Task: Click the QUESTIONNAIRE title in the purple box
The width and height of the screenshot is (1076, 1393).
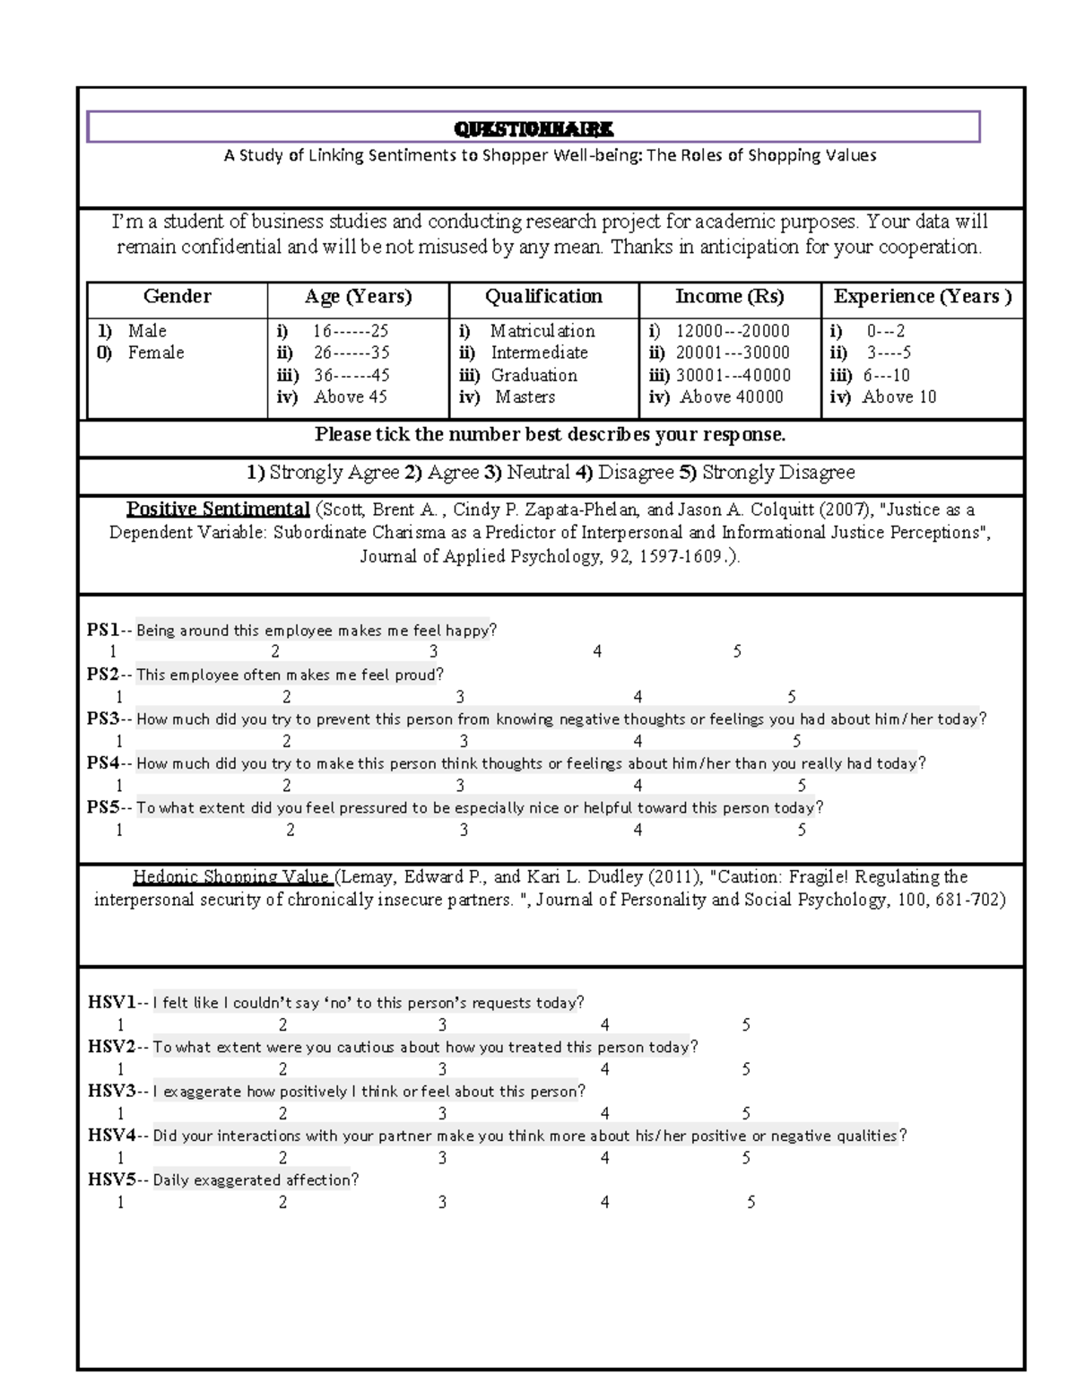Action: point(533,129)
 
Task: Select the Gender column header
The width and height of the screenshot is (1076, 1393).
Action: point(177,297)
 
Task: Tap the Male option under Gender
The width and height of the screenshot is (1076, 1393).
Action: point(146,331)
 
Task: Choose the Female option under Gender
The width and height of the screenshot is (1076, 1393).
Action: point(155,353)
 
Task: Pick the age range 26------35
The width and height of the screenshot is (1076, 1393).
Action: point(351,353)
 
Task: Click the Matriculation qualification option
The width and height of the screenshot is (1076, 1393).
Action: point(542,331)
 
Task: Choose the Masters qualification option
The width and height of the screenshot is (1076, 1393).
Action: point(525,396)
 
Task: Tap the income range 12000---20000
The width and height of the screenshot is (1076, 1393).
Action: point(732,331)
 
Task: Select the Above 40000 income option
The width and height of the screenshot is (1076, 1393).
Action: point(731,396)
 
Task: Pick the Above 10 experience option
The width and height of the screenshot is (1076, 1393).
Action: point(898,396)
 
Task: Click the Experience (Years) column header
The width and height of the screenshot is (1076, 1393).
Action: point(922,297)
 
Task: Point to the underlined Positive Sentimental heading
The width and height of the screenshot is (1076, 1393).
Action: point(218,509)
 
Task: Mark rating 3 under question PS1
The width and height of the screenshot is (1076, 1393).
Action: point(433,652)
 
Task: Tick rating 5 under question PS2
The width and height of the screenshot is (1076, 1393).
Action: point(792,697)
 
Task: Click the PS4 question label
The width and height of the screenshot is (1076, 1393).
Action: point(103,763)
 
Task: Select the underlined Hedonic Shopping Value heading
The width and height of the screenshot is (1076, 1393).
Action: point(232,877)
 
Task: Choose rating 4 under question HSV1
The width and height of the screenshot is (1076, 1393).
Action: point(605,1024)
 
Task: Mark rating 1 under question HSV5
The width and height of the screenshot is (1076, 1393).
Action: point(120,1202)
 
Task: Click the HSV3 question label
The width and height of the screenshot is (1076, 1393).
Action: point(111,1092)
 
